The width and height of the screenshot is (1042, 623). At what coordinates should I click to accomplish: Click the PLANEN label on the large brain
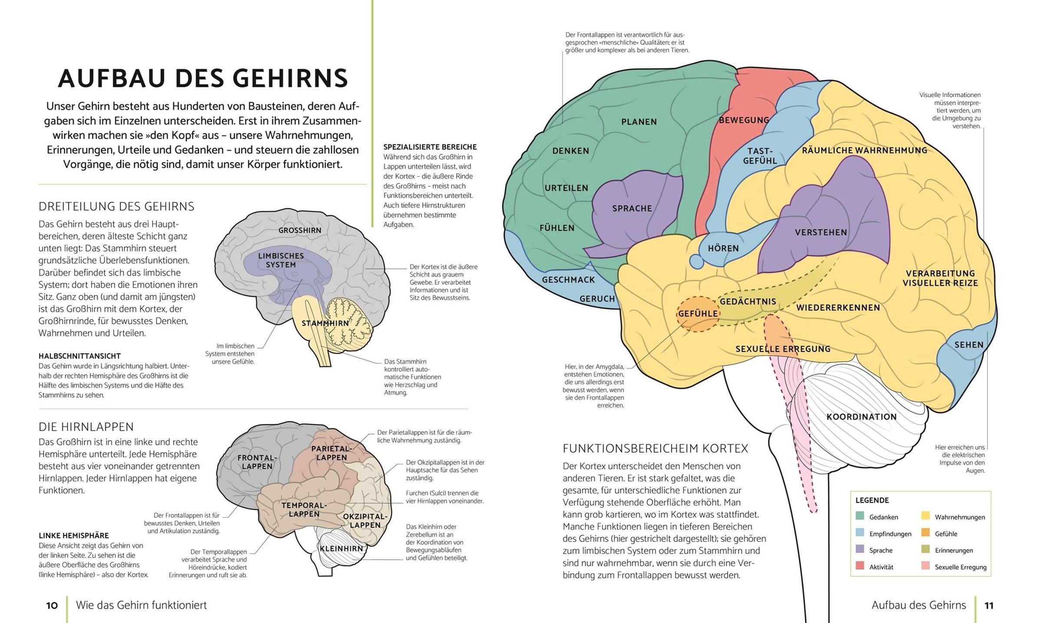click(639, 122)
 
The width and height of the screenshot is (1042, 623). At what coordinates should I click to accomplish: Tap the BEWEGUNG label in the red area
click(744, 120)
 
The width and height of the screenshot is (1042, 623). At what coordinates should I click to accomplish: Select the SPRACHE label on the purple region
click(632, 209)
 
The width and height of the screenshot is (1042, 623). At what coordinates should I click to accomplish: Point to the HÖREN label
click(723, 249)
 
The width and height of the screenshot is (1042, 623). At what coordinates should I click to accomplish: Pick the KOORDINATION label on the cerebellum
click(861, 417)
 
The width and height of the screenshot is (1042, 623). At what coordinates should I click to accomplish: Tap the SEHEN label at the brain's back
click(969, 345)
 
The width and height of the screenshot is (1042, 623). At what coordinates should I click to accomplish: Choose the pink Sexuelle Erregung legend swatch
click(925, 567)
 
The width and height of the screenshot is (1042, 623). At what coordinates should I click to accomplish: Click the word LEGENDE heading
click(872, 500)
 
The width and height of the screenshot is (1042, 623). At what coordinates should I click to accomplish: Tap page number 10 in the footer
click(52, 606)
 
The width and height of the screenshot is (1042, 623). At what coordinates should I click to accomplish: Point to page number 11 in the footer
click(989, 606)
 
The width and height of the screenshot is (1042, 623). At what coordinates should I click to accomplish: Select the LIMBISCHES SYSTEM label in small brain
click(281, 260)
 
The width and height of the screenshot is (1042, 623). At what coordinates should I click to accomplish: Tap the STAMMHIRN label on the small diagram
click(325, 323)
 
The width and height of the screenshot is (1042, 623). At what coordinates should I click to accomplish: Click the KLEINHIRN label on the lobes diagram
click(341, 549)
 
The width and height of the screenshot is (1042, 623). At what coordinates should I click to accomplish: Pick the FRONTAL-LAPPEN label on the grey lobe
click(257, 462)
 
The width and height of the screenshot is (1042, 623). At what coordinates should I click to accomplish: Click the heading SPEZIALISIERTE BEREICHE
click(430, 147)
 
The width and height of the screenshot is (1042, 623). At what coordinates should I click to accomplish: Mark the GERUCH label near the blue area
click(597, 299)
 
